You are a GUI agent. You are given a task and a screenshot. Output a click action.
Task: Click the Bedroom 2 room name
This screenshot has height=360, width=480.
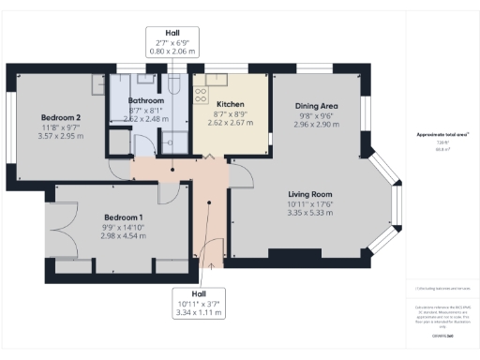click(60, 116)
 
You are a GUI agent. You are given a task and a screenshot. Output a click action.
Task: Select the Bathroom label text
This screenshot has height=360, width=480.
click(147, 99)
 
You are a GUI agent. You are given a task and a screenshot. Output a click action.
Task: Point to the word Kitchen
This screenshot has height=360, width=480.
click(231, 104)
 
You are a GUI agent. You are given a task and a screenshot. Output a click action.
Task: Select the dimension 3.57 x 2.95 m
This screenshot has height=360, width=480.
click(60, 136)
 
